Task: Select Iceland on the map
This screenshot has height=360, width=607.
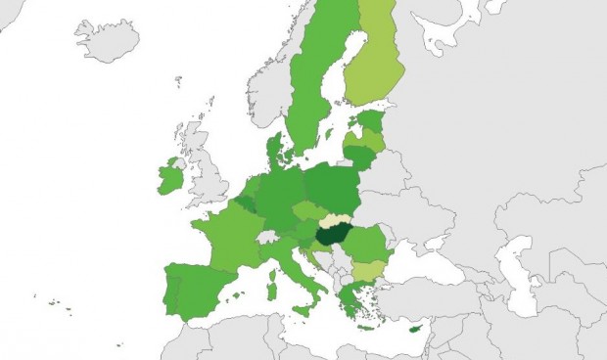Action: pos(105,40)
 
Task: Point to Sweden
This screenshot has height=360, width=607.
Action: pos(313,88)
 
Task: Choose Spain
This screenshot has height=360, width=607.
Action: pos(196,289)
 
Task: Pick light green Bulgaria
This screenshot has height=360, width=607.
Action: pos(370,269)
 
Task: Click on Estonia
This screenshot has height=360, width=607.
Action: pos(369,120)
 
